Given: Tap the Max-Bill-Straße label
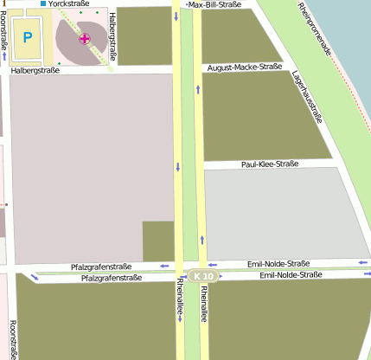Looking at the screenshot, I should tap(226, 4).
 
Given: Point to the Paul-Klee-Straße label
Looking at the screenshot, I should tap(270, 164).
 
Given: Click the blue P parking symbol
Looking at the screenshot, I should tap(28, 37).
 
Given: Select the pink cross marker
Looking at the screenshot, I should tap(84, 38).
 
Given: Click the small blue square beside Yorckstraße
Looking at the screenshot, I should tap(43, 4).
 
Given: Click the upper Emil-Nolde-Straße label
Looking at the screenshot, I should tap(278, 263).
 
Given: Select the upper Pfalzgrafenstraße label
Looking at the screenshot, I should tap(101, 267).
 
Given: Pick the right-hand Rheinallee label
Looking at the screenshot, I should tap(204, 305).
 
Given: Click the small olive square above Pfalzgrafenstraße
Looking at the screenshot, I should tap(158, 241).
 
